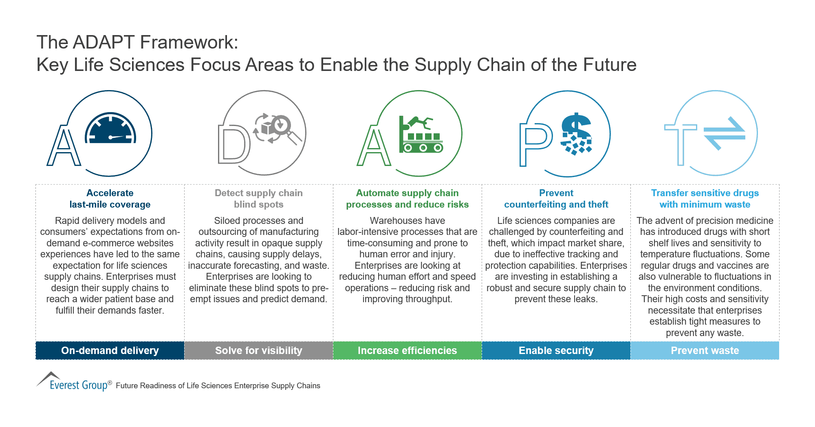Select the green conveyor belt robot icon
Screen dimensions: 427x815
pos(421,135)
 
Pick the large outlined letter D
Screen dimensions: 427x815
pos(234,144)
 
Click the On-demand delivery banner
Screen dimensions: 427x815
pos(110,350)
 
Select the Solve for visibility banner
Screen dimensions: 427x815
pos(259,350)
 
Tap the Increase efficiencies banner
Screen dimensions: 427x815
pos(407,350)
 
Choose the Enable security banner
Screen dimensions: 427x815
pos(556,350)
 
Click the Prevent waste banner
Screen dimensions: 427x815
pos(705,350)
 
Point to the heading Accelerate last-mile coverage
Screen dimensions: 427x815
pos(110,199)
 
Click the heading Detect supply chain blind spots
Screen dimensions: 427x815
pos(259,199)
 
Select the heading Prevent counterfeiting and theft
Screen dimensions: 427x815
pos(556,199)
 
